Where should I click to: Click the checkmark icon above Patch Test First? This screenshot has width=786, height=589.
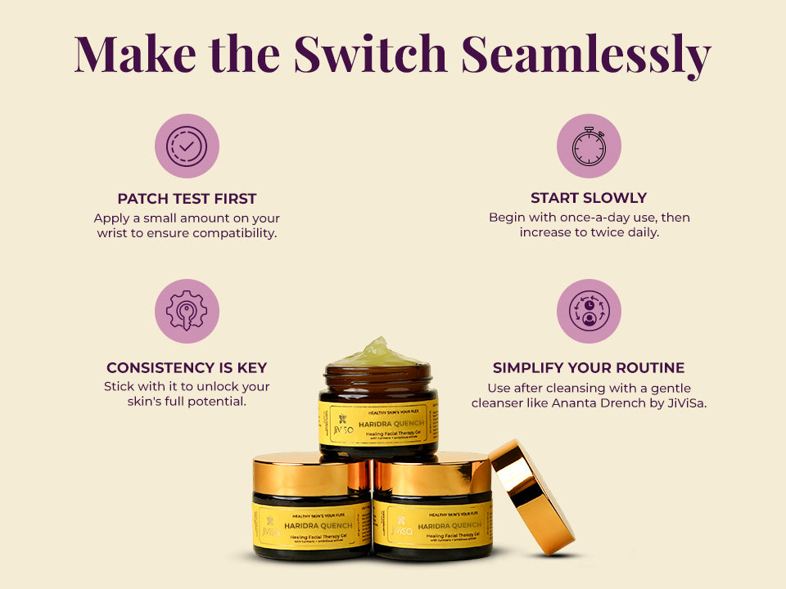coord(187,146)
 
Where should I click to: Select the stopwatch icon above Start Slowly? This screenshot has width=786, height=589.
coord(589,146)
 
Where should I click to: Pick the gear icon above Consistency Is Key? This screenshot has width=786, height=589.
coord(187,311)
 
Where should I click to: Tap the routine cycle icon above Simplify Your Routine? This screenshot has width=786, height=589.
coord(589,311)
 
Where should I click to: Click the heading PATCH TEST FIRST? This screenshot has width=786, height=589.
coord(187,199)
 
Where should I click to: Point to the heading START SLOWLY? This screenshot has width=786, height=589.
coord(589,198)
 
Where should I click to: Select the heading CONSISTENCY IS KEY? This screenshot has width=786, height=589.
coord(187,368)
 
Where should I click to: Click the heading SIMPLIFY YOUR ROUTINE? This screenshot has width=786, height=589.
coord(589,368)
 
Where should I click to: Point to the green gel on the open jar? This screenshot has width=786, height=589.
coord(377,353)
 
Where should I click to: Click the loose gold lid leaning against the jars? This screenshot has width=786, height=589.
coord(531,494)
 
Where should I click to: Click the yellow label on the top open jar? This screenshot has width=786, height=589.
coord(378,422)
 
